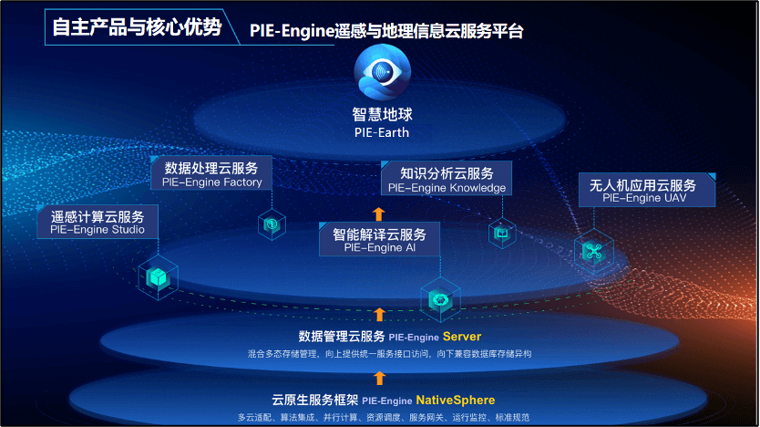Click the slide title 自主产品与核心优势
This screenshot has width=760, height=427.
click(136, 27)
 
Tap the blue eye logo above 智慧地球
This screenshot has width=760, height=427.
click(382, 74)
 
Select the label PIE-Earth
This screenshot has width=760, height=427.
click(382, 132)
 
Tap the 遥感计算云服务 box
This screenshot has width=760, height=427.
click(98, 223)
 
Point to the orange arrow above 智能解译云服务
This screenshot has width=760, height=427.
click(379, 214)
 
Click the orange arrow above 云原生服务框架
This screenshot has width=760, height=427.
click(379, 378)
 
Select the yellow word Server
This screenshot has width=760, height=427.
click(462, 337)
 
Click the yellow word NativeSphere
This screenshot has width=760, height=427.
click(456, 400)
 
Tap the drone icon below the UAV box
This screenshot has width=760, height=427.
click(594, 252)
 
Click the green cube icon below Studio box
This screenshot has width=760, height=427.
click(157, 277)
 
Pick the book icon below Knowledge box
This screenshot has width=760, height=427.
click(501, 234)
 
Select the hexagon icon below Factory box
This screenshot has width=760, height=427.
click(272, 224)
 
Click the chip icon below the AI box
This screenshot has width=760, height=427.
click(438, 298)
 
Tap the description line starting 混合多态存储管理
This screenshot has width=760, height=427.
click(389, 353)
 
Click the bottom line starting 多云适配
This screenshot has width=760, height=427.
click(383, 417)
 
